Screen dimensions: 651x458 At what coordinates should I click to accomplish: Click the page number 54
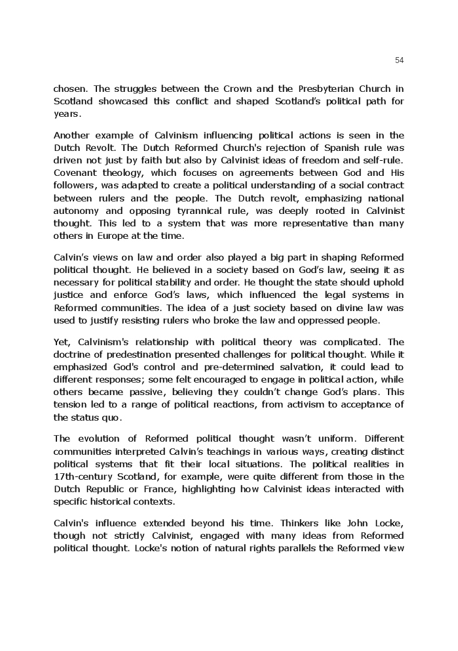coord(400,60)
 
